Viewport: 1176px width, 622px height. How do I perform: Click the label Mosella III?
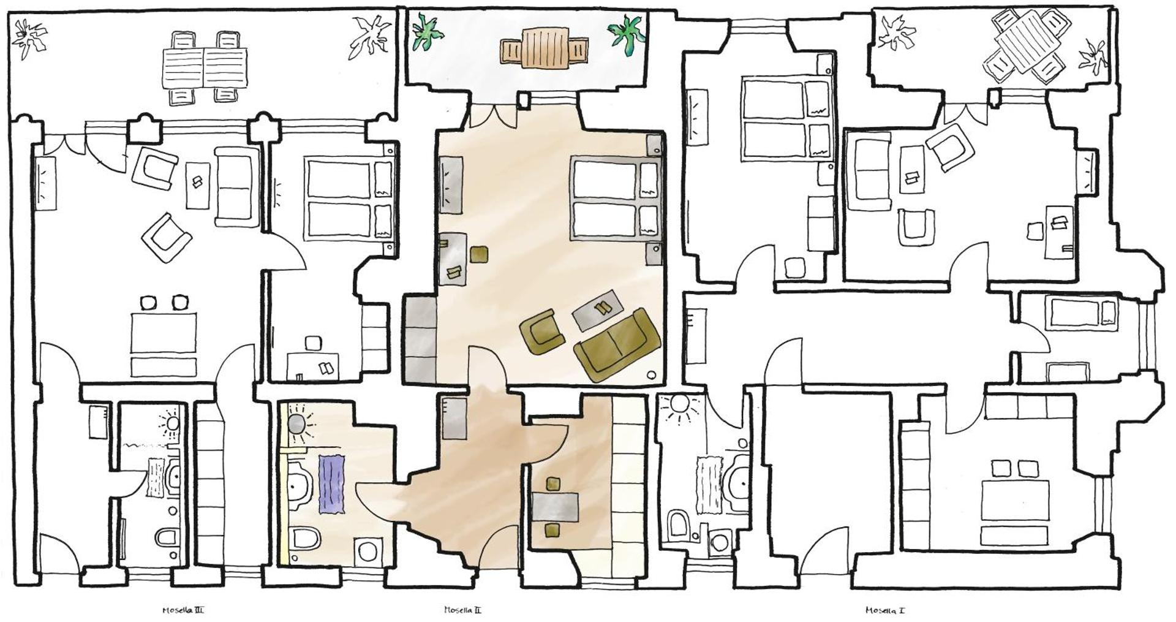[x=183, y=610]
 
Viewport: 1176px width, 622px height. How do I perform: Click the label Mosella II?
[x=462, y=610]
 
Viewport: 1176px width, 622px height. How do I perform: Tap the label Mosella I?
[x=885, y=610]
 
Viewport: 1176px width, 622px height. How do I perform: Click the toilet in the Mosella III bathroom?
[x=166, y=538]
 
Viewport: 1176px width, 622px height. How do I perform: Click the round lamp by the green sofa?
[x=651, y=375]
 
